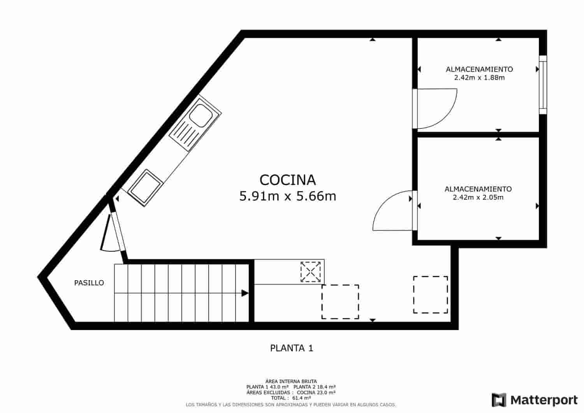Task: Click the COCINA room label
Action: click(287, 180)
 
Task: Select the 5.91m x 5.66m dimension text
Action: click(287, 196)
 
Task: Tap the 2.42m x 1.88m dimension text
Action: click(479, 77)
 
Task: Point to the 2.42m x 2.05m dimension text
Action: click(478, 197)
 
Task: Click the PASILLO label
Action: click(89, 283)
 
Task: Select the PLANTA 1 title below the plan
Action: click(292, 348)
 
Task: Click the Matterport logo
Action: click(535, 400)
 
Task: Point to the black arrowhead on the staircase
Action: click(245, 293)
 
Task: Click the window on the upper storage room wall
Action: click(543, 85)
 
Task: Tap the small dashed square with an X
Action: click(310, 272)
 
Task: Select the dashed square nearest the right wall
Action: click(430, 295)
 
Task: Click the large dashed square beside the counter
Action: click(340, 302)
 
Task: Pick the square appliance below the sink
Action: click(144, 187)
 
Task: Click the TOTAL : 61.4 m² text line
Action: click(291, 398)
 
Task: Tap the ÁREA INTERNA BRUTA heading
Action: click(291, 381)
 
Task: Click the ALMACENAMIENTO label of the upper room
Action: click(479, 69)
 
